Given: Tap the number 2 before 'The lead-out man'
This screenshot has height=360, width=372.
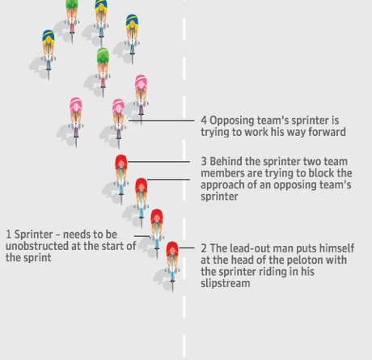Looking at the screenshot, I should [204, 248].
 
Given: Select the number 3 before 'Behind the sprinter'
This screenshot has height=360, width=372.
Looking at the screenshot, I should [204, 161].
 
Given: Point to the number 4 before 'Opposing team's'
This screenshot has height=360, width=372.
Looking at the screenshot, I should [204, 120].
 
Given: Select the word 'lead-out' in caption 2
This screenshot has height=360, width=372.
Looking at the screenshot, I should [247, 248].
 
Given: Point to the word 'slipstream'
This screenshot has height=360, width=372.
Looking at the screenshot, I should [226, 283].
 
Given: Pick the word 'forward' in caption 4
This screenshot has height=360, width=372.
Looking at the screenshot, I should [327, 132].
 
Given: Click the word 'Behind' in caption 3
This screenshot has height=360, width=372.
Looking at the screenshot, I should [228, 161].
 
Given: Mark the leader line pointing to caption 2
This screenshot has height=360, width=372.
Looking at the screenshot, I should [188, 248].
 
